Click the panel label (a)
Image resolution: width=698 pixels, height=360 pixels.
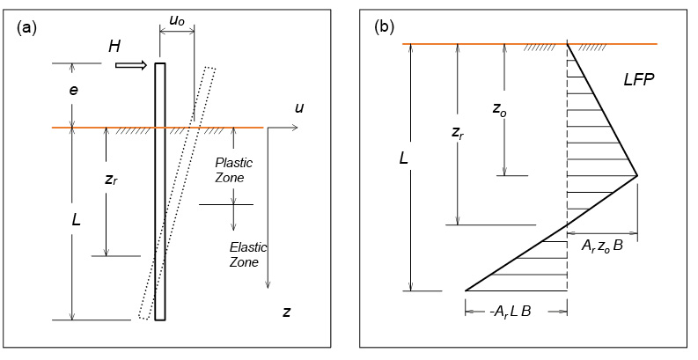[26, 26]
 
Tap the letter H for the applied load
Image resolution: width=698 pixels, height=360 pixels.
[114, 47]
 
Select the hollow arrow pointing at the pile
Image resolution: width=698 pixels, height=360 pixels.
[135, 65]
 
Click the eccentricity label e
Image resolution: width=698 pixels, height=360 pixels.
[73, 90]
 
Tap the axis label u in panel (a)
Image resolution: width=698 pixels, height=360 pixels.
[300, 108]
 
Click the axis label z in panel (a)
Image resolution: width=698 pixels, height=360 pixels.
[286, 312]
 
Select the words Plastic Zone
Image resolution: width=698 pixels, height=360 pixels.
[234, 171]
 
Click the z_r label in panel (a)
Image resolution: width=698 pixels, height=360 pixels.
[110, 179]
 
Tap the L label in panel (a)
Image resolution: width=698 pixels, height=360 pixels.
[76, 220]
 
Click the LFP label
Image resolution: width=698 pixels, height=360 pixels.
[638, 80]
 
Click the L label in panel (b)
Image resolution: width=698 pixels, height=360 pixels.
[403, 158]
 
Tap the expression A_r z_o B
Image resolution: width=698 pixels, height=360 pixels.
[601, 246]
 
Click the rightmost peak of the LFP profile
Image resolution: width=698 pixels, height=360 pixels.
[636, 175]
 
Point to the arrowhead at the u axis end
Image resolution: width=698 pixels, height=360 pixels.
[295, 128]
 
